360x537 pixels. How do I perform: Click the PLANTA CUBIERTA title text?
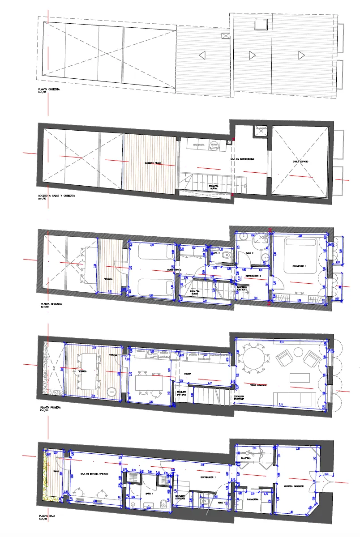(x=49, y=89)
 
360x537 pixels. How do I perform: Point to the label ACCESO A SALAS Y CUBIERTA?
(x=57, y=196)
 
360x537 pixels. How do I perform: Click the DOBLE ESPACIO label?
(x=301, y=161)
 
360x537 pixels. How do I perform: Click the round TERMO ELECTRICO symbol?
(x=214, y=145)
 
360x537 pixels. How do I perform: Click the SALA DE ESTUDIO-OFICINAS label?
(x=92, y=473)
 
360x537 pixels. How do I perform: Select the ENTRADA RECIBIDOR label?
(x=294, y=486)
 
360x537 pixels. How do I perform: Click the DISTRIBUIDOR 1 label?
(x=208, y=477)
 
